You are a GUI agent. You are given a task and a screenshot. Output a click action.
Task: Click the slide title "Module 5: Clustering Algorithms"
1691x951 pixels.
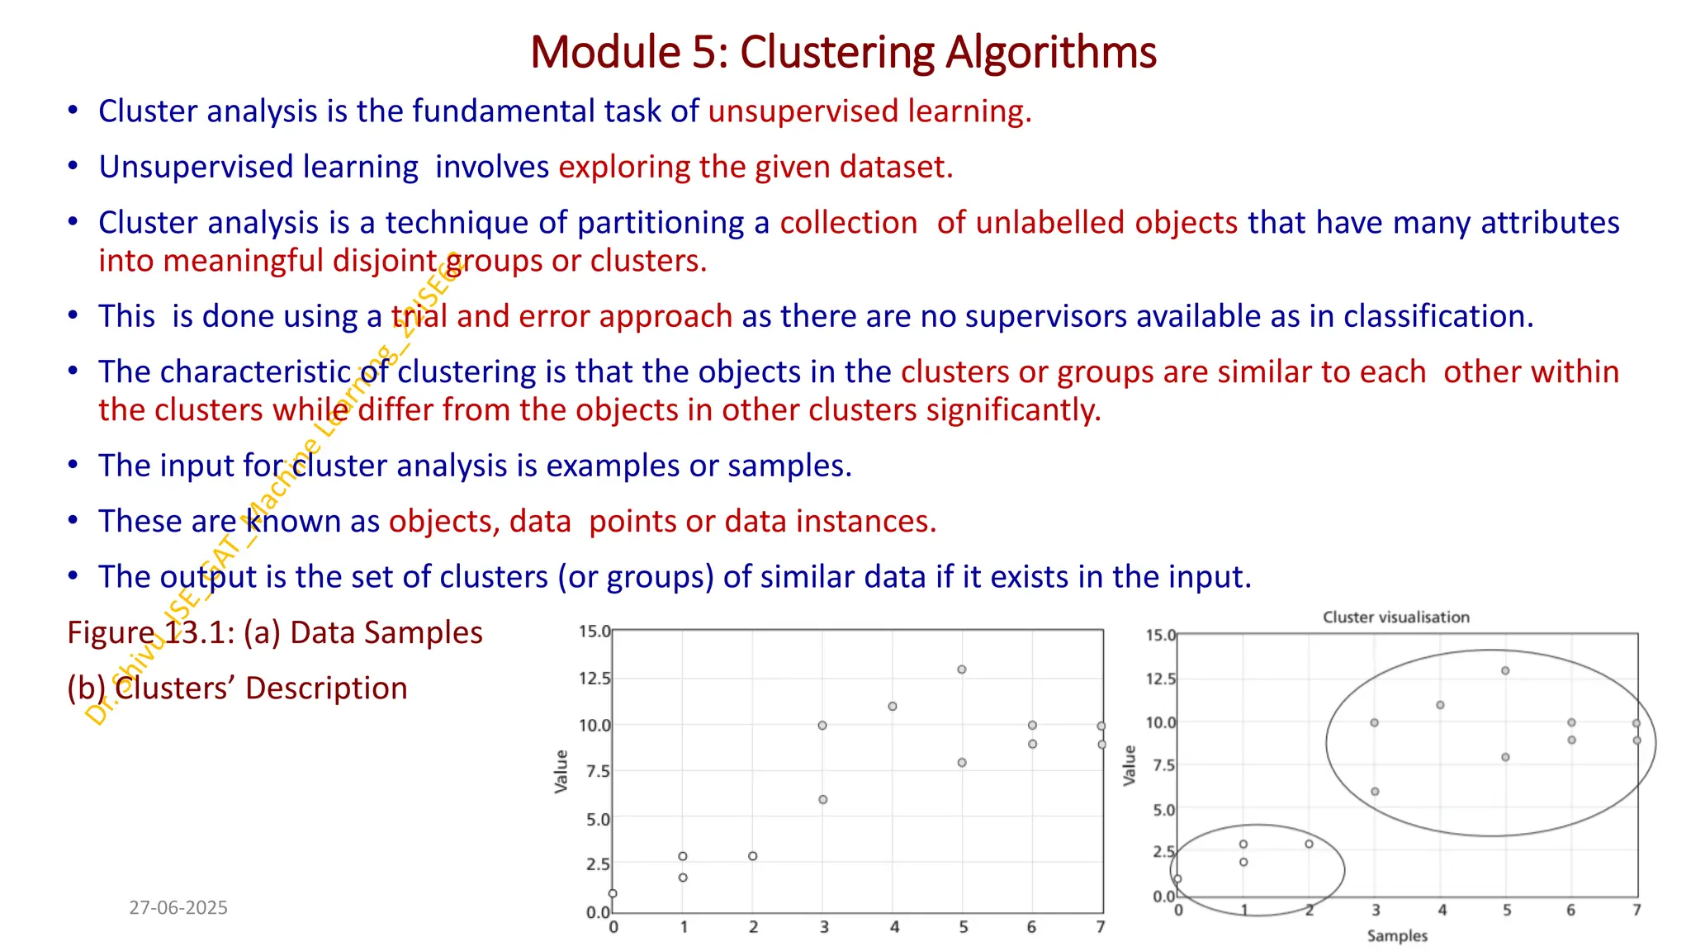(x=843, y=52)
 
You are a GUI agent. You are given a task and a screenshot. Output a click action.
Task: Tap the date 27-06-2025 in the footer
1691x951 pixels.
(x=178, y=908)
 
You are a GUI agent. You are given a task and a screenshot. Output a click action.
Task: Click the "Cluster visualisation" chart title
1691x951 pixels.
(x=1396, y=617)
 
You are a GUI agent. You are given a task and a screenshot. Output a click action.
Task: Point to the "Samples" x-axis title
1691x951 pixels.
(x=1397, y=936)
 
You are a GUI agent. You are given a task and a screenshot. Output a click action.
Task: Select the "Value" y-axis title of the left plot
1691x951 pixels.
(x=561, y=772)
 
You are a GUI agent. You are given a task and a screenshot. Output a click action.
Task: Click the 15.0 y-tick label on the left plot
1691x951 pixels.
(x=594, y=632)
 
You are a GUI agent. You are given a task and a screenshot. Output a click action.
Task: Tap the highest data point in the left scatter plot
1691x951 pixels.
(x=962, y=669)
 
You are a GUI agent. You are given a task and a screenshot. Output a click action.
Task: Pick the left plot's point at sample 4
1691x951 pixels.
(x=893, y=707)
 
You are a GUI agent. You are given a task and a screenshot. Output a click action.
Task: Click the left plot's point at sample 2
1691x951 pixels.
(x=753, y=856)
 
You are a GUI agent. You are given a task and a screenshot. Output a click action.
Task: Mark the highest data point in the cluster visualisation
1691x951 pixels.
(x=1505, y=671)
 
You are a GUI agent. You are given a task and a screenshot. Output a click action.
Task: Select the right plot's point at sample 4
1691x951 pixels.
(x=1440, y=705)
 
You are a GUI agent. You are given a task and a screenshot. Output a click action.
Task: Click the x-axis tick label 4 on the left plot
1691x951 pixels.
(x=894, y=928)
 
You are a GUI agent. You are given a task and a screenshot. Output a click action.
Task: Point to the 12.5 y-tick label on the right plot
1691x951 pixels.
(x=1161, y=679)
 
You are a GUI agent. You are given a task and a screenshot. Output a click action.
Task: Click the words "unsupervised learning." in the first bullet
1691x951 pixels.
(x=869, y=111)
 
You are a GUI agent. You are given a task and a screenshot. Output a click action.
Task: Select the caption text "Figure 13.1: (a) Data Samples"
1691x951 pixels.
(x=275, y=633)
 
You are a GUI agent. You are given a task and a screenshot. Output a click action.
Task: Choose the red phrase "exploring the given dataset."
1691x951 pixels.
(x=756, y=168)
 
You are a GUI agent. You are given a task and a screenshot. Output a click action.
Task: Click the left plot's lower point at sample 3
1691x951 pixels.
(x=822, y=800)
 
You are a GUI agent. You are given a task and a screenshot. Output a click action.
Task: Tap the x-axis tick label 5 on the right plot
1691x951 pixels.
(x=1507, y=911)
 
